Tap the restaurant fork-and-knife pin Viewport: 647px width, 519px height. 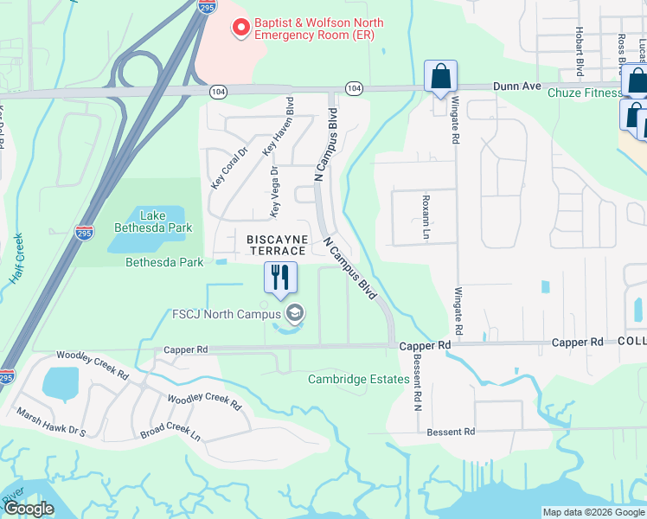pyautogui.click(x=280, y=277)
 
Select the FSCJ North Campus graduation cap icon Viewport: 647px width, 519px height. pyautogui.click(x=294, y=313)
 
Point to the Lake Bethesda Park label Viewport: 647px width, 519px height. pyautogui.click(x=149, y=221)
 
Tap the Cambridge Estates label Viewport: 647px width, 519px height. pyautogui.click(x=359, y=379)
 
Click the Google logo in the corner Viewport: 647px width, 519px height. pyautogui.click(x=29, y=509)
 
